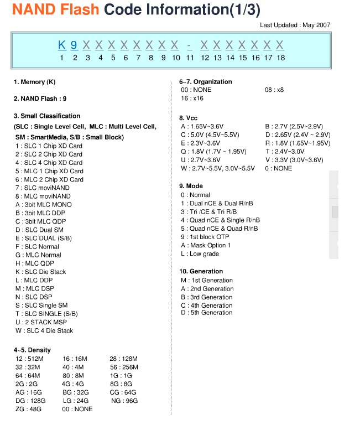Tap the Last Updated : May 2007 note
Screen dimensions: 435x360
[x=295, y=25]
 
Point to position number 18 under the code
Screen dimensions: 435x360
[x=280, y=58]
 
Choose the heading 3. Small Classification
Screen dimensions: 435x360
[x=47, y=116]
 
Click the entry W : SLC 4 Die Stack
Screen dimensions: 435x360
[x=44, y=330]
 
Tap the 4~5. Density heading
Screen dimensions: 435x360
[x=32, y=350]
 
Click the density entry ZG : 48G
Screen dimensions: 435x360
[x=28, y=409]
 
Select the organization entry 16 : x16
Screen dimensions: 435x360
[x=192, y=98]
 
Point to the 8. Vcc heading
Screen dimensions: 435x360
[x=189, y=118]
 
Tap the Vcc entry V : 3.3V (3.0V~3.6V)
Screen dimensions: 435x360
[x=294, y=160]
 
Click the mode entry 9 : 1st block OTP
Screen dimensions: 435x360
[x=205, y=237]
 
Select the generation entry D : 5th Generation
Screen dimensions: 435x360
[x=207, y=313]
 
